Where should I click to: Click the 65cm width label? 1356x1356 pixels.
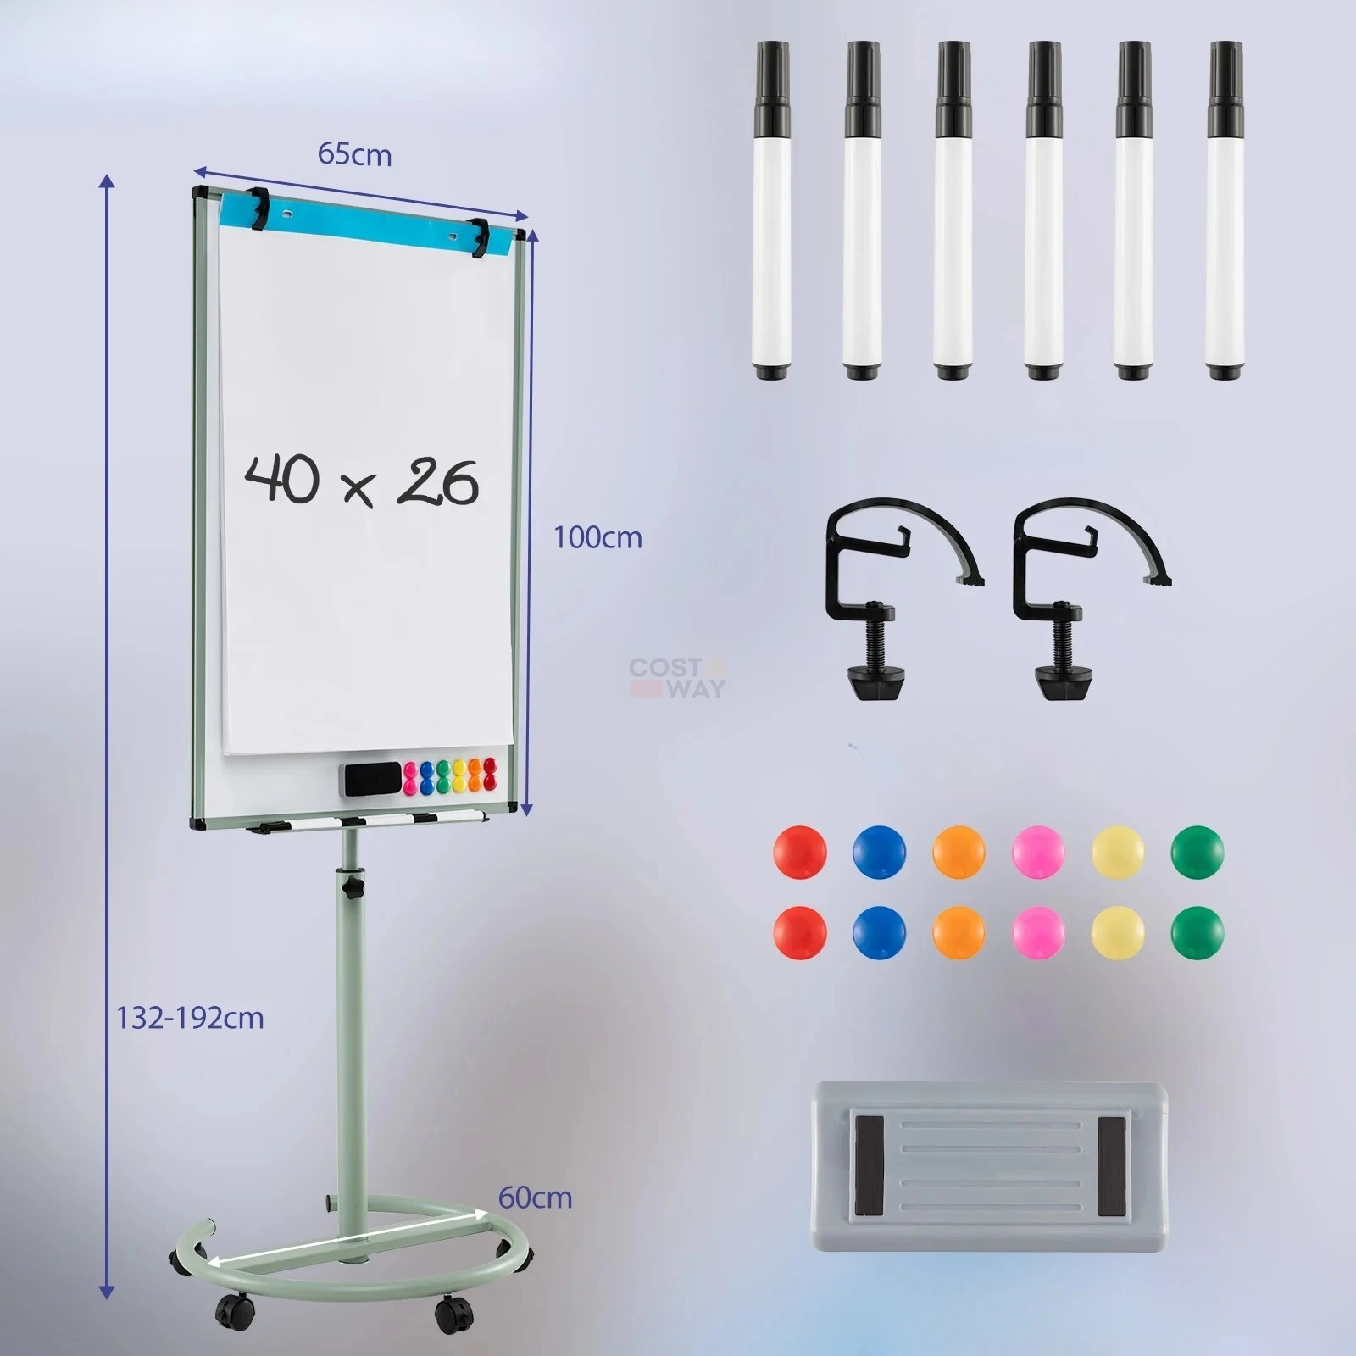pyautogui.click(x=354, y=155)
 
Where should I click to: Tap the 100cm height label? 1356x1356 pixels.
pyautogui.click(x=597, y=537)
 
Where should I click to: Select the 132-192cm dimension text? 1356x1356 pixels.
pyautogui.click(x=190, y=1017)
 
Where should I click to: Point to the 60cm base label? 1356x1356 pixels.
pyautogui.click(x=535, y=1198)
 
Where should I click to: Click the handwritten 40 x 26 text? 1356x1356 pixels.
pyautogui.click(x=362, y=481)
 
